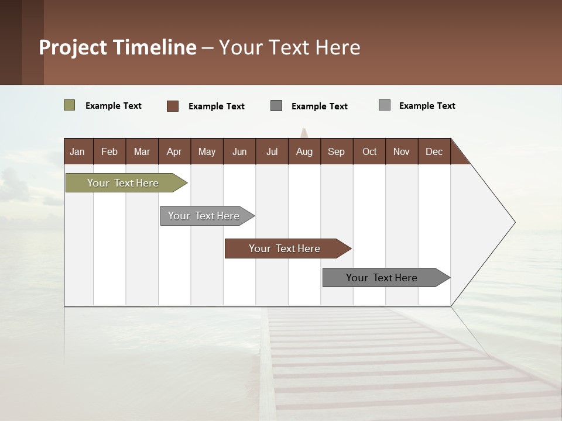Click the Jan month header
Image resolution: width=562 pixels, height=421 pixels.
coord(78,151)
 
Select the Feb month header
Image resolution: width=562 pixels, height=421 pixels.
coord(109,151)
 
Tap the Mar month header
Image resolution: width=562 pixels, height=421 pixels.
coord(142,151)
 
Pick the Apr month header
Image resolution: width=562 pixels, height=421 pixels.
coord(174,151)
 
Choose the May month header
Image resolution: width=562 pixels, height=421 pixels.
coord(207,151)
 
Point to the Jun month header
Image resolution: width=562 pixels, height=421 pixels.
coord(239,151)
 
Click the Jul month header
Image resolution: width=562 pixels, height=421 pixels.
coord(272,151)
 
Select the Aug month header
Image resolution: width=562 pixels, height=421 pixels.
coord(304,151)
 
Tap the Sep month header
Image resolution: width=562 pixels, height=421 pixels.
coord(337,151)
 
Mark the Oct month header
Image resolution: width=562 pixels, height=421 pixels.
coord(369,151)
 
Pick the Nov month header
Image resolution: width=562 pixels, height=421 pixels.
coord(402,151)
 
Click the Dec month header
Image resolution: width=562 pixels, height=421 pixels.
coord(434,151)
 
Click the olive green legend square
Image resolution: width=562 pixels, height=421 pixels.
coord(69,105)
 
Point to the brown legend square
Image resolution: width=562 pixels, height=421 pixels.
coord(172,106)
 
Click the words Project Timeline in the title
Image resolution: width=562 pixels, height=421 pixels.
coord(117,47)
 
